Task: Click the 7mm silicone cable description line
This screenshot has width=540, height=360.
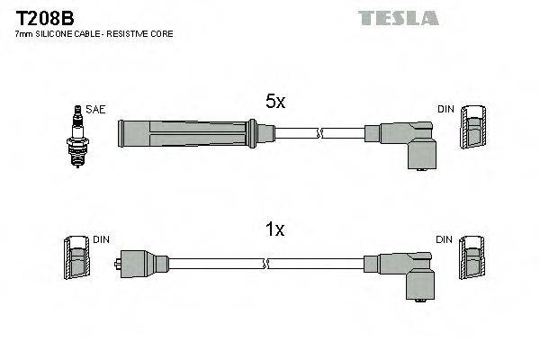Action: point(94,33)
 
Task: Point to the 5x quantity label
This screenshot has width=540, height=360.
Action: point(274,103)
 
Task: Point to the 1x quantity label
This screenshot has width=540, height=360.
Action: point(274,229)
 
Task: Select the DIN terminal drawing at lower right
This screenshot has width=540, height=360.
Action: point(472,260)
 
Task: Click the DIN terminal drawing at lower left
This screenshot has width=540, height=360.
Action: point(77,260)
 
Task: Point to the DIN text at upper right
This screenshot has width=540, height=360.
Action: point(445,109)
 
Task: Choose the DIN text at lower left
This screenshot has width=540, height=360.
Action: point(101,240)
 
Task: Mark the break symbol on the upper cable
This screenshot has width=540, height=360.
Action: point(319,133)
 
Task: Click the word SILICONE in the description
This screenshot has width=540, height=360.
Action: point(55,33)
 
